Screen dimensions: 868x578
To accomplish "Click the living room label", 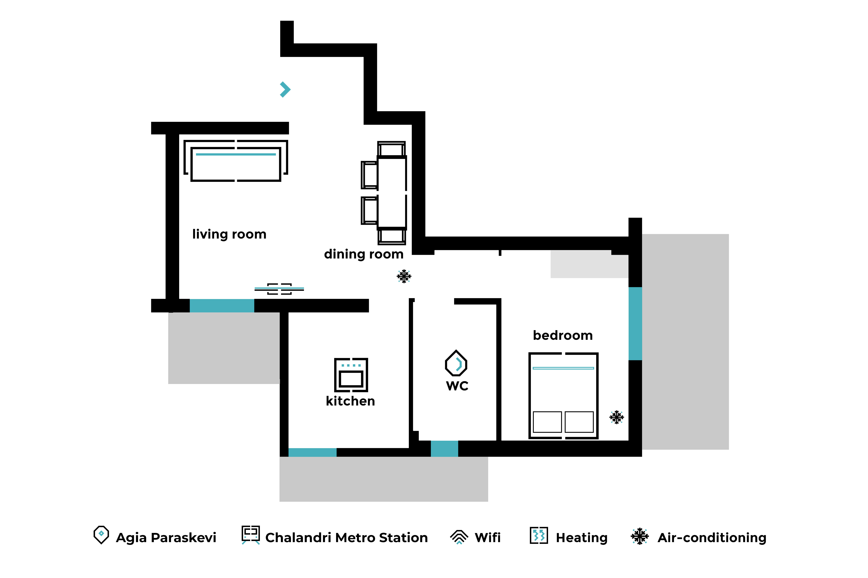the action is tap(229, 234).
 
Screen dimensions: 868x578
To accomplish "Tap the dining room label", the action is tap(364, 254).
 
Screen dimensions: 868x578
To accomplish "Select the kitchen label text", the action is tap(350, 401).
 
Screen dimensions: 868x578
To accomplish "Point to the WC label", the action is tap(457, 386).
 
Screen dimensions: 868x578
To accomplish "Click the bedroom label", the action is tap(563, 335).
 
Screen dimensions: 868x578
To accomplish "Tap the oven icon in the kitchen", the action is tap(351, 375).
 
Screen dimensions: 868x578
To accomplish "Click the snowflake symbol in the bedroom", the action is tap(616, 417).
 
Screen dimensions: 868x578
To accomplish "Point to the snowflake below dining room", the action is tap(404, 276).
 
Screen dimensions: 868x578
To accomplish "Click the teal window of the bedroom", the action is tap(635, 324).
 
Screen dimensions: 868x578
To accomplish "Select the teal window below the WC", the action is tap(444, 449).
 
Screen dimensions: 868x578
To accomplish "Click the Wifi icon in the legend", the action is tap(459, 537).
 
